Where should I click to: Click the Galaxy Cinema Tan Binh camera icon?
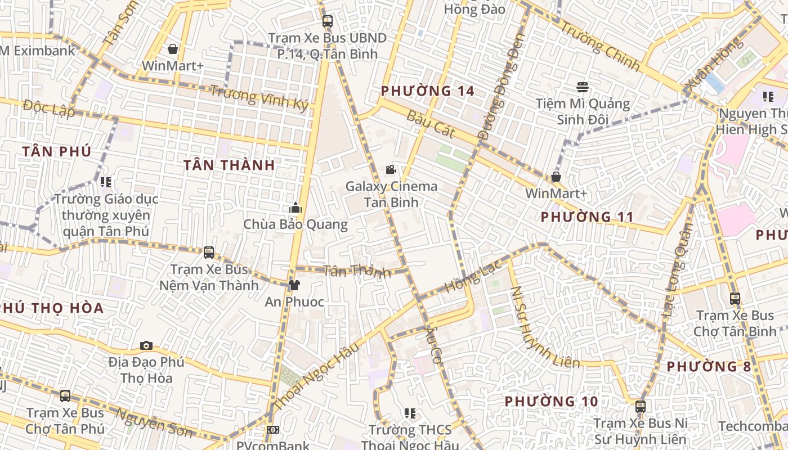pos(391,169)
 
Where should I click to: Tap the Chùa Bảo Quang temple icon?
pos(295,208)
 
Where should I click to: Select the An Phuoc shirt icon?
pos(294,285)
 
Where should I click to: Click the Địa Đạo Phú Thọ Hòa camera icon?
pos(146,345)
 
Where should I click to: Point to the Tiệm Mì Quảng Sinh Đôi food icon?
pos(582,87)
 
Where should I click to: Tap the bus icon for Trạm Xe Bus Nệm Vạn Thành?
pos(209,253)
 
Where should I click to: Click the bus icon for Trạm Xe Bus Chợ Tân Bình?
pos(735,299)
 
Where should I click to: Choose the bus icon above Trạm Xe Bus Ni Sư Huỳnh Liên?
pos(640,406)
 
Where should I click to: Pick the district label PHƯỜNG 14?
pos(427,91)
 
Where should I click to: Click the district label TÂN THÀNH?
pos(229,165)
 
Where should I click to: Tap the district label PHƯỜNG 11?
pos(587,217)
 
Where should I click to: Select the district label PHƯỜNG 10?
pos(550,401)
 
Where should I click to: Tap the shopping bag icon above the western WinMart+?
pos(173,49)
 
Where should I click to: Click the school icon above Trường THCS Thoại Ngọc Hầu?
pos(410,413)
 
